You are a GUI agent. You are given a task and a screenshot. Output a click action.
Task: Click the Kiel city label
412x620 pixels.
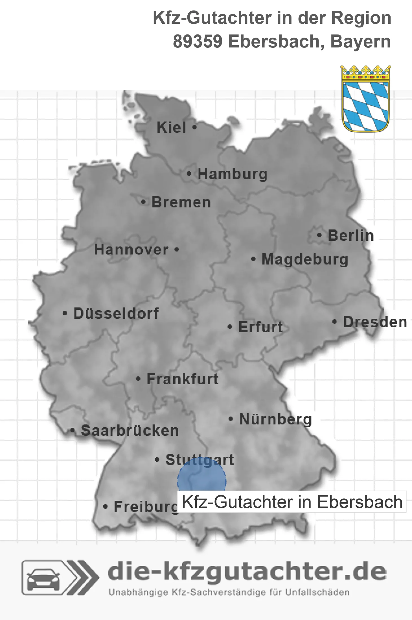[171, 127]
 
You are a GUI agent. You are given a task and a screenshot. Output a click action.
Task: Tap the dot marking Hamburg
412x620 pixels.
[189, 174]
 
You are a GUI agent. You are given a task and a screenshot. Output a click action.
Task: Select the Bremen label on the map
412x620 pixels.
[181, 202]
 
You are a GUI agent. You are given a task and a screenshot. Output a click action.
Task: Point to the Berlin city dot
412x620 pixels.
[319, 235]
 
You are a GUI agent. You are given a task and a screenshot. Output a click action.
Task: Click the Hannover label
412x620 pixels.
[131, 250]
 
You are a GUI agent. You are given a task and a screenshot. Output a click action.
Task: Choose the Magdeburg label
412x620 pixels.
[305, 259]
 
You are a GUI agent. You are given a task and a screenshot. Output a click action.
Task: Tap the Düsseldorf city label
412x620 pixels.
[116, 313]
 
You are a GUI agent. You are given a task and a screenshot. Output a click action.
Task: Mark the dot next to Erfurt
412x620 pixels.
[230, 327]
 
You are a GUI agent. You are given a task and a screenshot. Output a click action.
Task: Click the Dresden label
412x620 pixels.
[375, 322]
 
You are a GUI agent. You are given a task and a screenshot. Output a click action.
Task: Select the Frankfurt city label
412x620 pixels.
[183, 379]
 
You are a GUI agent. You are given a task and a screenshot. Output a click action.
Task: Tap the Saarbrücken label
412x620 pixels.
[130, 431]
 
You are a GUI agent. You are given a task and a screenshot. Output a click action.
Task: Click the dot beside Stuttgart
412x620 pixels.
[157, 460]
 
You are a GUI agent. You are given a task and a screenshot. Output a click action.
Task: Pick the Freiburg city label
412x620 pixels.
[146, 507]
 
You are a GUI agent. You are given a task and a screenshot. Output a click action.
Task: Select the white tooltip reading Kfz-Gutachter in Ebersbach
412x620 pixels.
[292, 502]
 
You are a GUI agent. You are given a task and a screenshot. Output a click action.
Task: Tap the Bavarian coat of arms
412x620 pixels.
[366, 99]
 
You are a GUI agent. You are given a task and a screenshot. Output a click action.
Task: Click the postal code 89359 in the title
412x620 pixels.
[197, 42]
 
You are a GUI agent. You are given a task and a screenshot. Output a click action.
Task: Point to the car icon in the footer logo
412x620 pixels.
[43, 577]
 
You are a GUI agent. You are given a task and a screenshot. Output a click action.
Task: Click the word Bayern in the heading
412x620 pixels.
[360, 42]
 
